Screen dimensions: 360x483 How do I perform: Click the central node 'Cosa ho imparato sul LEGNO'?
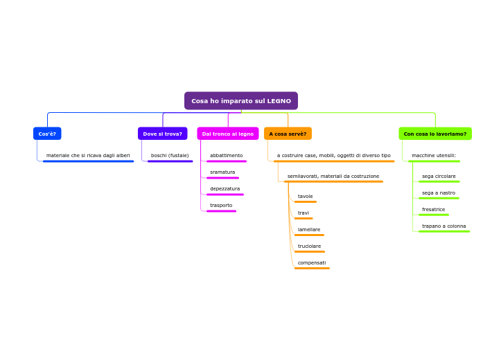240,101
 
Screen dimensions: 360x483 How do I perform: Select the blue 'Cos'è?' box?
47,134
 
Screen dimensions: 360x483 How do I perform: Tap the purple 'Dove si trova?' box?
162,134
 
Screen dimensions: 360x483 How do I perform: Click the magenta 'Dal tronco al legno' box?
227,134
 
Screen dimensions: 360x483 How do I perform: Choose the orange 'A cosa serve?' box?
288,134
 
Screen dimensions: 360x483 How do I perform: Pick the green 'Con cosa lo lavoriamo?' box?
434,134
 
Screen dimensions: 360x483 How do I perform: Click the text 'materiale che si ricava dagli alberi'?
88,156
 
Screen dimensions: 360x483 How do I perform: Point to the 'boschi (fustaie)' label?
170,156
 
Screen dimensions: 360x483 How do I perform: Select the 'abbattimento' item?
226,156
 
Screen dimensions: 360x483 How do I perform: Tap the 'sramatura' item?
222,172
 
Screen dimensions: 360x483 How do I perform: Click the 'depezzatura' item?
225,189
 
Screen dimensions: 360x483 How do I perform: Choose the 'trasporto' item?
221,206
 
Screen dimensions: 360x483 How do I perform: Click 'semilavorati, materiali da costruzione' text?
333,177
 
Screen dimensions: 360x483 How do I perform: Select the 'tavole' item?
305,197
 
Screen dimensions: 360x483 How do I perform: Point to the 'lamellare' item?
309,230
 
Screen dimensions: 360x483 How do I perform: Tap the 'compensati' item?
312,263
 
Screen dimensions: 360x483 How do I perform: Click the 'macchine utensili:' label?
434,156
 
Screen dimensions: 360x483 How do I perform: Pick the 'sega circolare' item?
439,177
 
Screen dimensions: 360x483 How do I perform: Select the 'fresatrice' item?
434,210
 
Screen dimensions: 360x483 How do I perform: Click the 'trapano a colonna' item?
444,226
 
